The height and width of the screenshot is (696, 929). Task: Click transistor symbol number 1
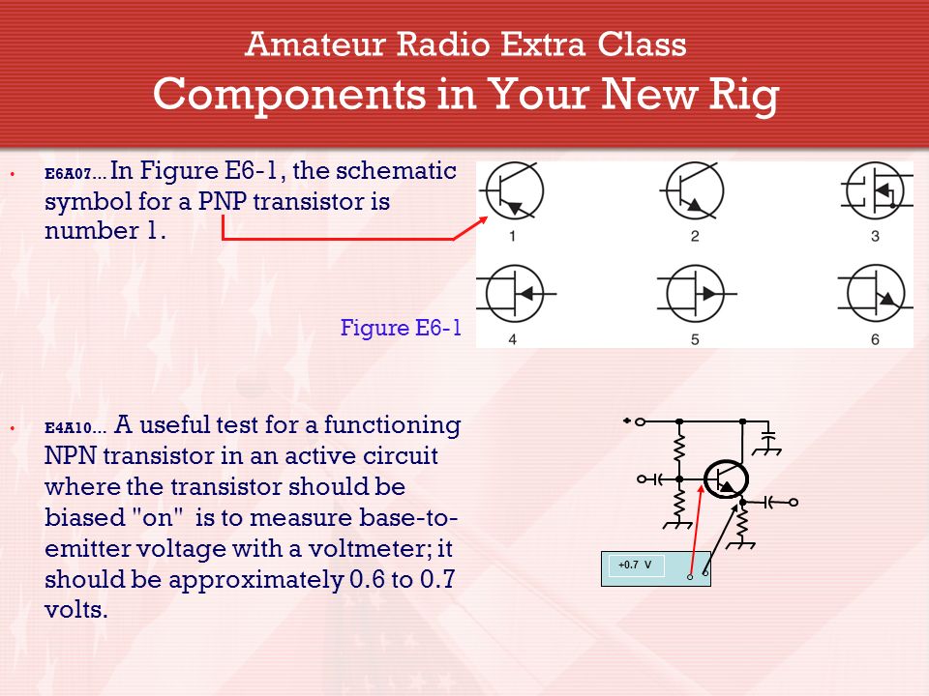513,190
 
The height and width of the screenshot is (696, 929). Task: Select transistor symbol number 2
693,190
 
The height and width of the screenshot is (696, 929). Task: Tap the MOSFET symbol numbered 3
876,191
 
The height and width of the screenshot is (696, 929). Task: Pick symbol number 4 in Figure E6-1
514,294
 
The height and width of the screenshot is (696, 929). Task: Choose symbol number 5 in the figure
696,294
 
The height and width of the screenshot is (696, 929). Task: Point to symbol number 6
876,294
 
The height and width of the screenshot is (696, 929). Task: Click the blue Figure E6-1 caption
401,328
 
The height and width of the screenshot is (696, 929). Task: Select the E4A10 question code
68,428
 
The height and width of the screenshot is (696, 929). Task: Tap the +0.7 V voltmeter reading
635,565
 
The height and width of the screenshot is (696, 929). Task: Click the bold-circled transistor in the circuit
726,478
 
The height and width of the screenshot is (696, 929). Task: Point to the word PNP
223,202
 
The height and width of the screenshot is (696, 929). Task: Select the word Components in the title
289,95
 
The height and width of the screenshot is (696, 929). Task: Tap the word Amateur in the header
315,44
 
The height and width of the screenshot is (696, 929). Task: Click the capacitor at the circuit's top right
767,441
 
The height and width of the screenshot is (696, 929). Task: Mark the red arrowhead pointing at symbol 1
482,220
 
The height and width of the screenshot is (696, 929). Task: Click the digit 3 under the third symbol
875,236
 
